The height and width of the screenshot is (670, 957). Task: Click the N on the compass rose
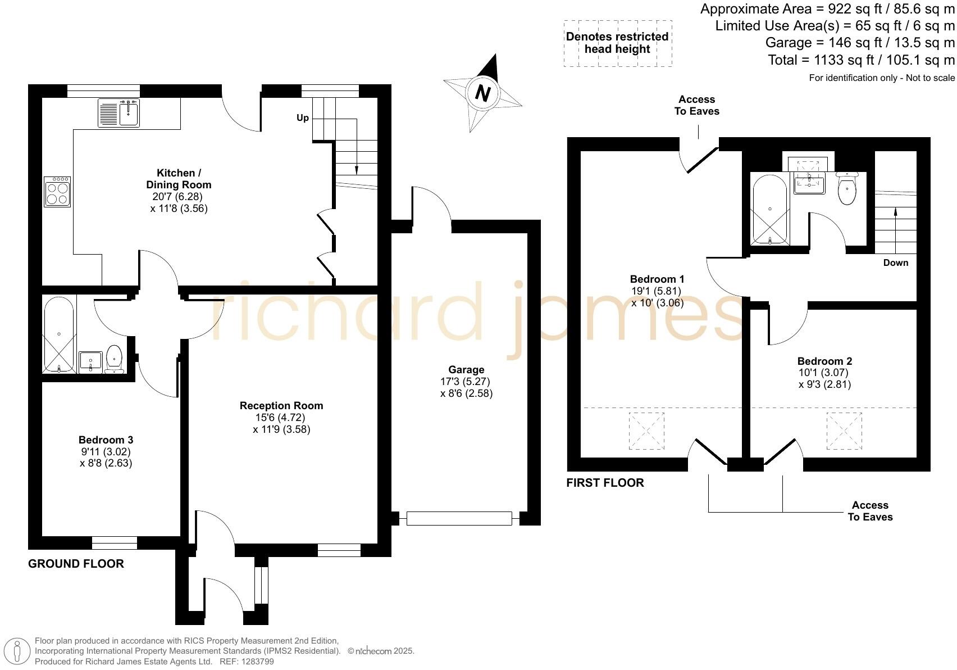(x=482, y=92)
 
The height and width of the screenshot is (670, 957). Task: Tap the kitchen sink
(x=119, y=113)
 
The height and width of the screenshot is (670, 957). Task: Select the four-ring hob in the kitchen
(x=57, y=192)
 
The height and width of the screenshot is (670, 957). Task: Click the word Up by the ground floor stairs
(x=303, y=118)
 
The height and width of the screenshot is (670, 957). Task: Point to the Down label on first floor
(x=895, y=262)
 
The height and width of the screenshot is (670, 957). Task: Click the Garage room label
(x=466, y=369)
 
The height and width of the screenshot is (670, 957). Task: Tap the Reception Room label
(x=281, y=405)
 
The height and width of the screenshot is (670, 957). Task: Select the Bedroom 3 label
(x=106, y=440)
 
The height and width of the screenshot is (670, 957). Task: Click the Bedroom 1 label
(x=657, y=279)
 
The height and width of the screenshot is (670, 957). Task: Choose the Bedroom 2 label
(x=824, y=361)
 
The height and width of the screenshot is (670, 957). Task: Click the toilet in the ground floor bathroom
(x=115, y=359)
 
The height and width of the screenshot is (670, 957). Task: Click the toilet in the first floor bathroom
(x=847, y=189)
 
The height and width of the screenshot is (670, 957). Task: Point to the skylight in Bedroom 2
(x=844, y=431)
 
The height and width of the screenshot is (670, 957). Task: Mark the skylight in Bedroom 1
(x=646, y=431)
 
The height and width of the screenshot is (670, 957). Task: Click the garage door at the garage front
(x=459, y=518)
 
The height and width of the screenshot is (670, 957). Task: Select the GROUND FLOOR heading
(x=76, y=564)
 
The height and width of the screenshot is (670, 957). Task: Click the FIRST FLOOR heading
(x=605, y=483)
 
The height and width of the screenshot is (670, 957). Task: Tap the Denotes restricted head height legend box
(x=617, y=43)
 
